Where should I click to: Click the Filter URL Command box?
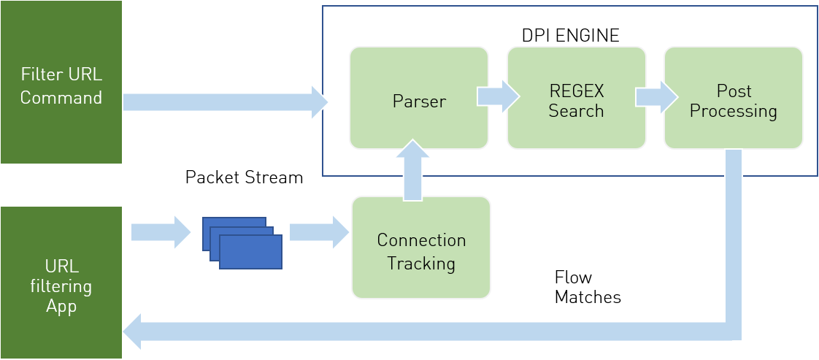coord(61,82)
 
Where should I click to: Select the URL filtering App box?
coord(61,283)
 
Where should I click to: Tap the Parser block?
coord(419,98)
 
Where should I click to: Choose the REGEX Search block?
coord(577,98)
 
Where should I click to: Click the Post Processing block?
coord(734,98)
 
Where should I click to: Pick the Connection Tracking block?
coord(421,248)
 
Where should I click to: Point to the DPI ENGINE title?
coord(570,35)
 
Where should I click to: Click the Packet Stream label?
coord(244,177)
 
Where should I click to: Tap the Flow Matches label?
coord(587,287)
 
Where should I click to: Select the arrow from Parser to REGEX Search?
coord(499,96)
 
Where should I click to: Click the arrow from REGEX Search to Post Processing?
coord(656,97)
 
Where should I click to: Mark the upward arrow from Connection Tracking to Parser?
coord(413,170)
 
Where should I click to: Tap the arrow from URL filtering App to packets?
coord(161,232)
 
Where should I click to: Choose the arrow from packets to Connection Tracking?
coord(319,232)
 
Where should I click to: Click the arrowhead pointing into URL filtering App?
coord(132,332)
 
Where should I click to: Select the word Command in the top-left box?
coord(61,98)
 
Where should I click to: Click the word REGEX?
coord(577,91)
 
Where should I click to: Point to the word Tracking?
coord(421,264)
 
